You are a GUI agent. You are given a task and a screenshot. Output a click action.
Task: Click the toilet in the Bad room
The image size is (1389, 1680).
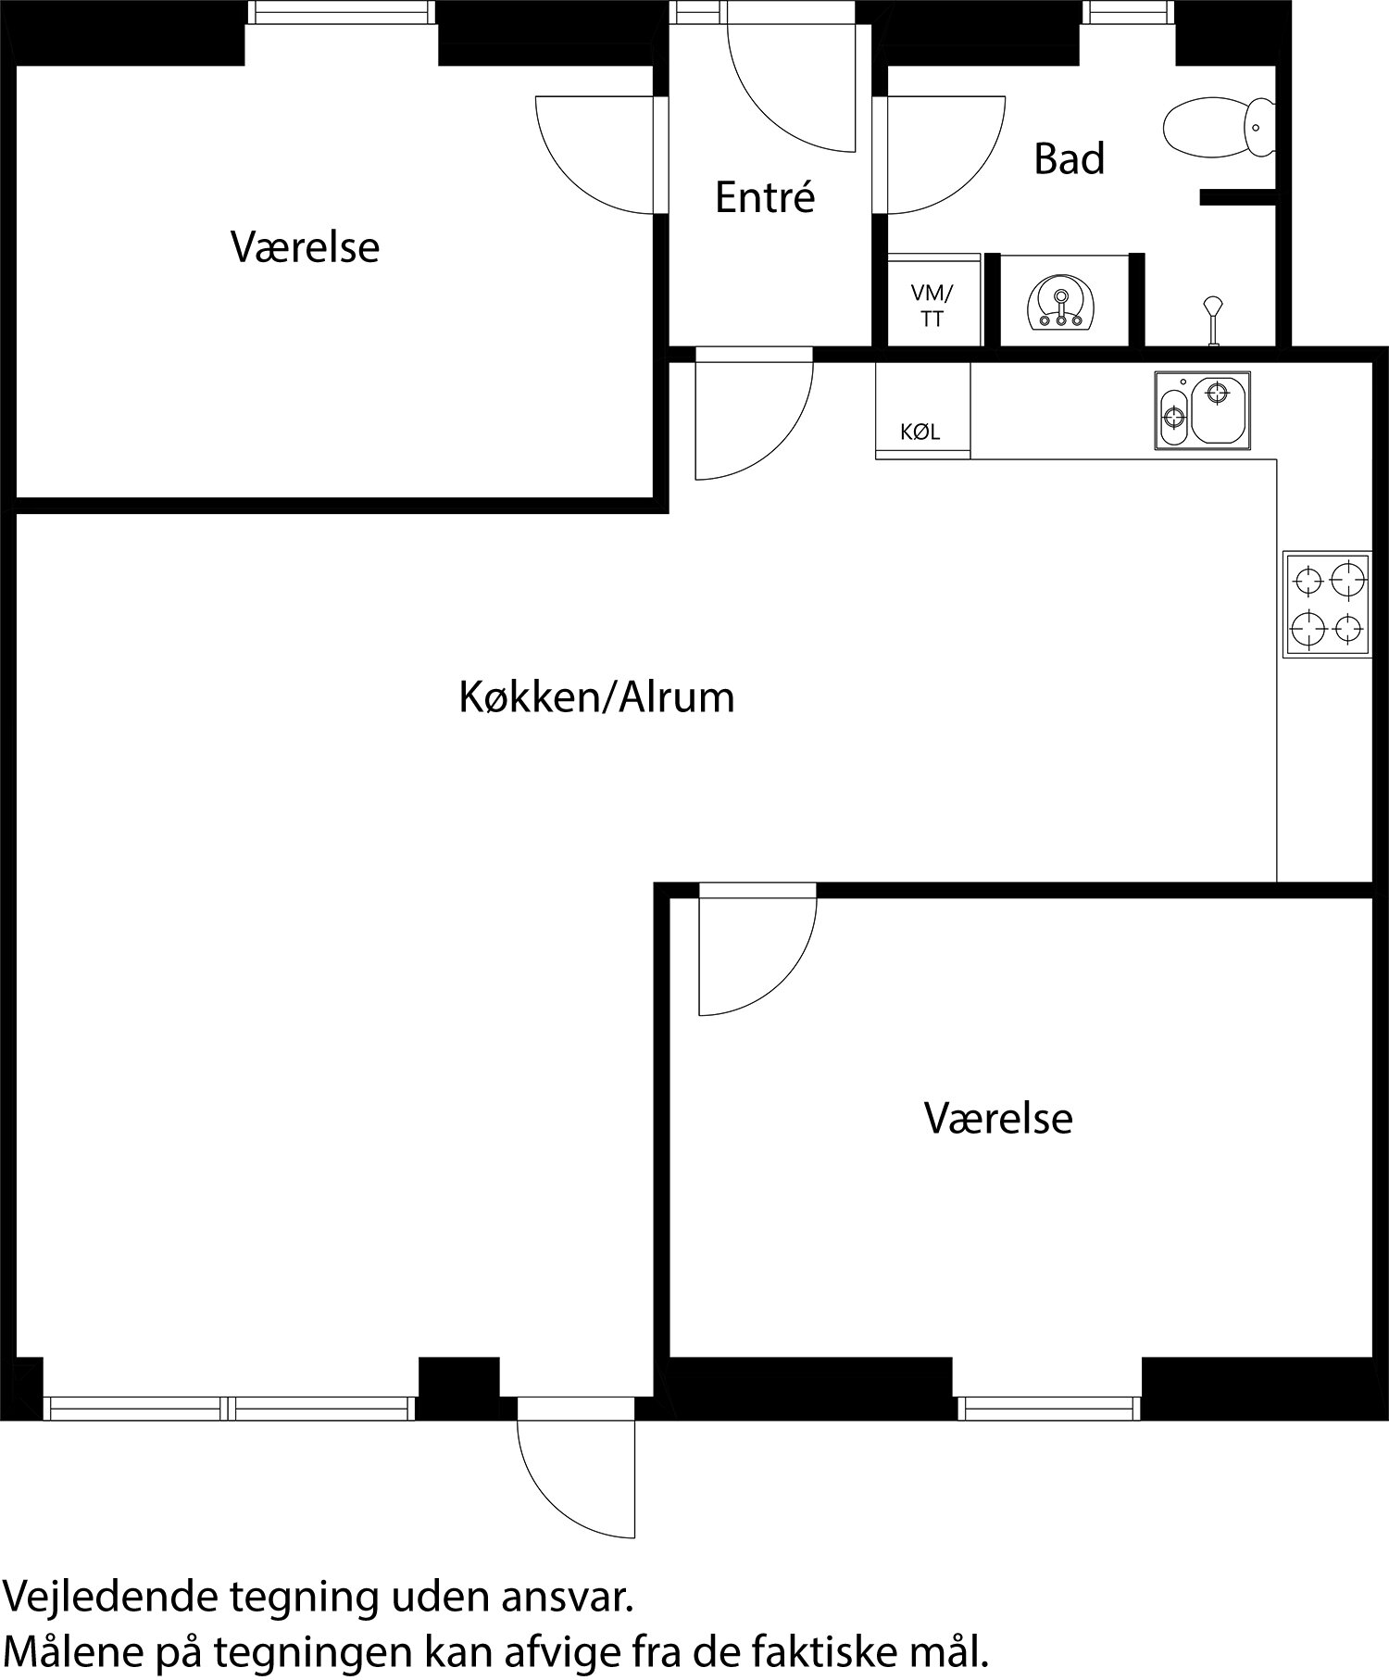(x=1217, y=127)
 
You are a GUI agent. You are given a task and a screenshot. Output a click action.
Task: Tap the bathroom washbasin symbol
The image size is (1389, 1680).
(x=1062, y=303)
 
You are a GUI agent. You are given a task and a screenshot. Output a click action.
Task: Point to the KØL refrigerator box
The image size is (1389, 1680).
(x=922, y=410)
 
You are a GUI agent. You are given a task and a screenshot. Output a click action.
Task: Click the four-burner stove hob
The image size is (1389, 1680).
(x=1326, y=604)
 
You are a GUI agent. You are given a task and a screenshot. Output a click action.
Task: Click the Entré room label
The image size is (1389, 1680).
(x=765, y=197)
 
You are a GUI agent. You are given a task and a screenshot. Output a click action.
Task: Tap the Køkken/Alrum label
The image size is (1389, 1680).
(x=596, y=696)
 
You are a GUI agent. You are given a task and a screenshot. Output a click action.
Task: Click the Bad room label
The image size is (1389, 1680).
(x=1069, y=158)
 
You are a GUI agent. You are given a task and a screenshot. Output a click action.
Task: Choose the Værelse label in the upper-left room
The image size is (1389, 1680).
(x=305, y=247)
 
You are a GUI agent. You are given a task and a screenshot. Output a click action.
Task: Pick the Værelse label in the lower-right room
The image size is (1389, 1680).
(x=998, y=1118)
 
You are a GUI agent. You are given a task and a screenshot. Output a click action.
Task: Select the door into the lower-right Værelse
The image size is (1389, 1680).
(x=757, y=949)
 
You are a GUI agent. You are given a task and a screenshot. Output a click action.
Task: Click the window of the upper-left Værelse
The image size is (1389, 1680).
(x=343, y=12)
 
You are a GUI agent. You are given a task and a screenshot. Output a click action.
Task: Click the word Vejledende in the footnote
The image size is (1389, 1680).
(x=111, y=1597)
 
